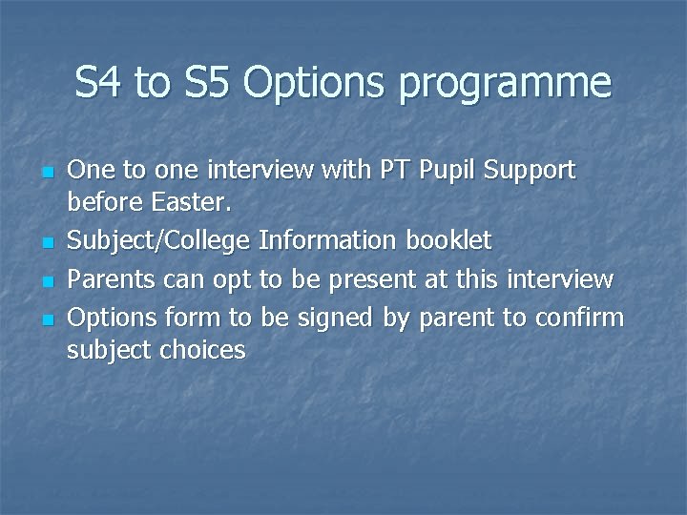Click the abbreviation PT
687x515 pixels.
click(398, 171)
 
